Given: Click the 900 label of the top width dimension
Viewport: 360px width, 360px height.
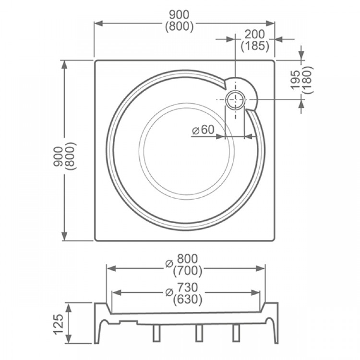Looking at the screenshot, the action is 180,15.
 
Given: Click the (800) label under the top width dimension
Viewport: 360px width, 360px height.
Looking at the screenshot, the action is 180,26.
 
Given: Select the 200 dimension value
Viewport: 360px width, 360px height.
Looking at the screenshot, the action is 254,35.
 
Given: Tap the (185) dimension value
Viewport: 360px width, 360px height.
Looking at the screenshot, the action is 255,46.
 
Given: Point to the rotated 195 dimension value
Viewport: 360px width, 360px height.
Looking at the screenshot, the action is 295,80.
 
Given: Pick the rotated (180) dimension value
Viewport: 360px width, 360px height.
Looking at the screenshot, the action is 307,80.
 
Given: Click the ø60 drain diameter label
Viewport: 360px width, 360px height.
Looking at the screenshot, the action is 203,130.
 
